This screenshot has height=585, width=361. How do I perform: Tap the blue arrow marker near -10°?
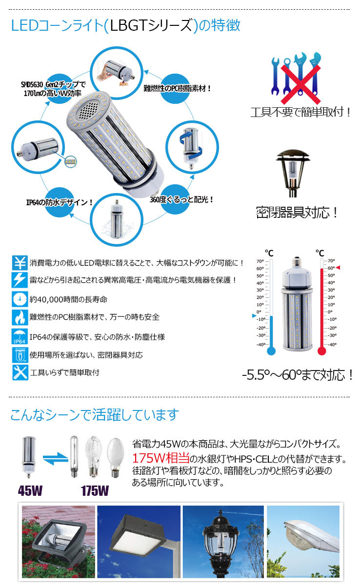253,316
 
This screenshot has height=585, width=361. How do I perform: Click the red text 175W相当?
160,459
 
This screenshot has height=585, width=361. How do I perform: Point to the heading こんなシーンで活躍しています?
95,415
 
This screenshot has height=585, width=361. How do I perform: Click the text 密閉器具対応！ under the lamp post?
297,213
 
